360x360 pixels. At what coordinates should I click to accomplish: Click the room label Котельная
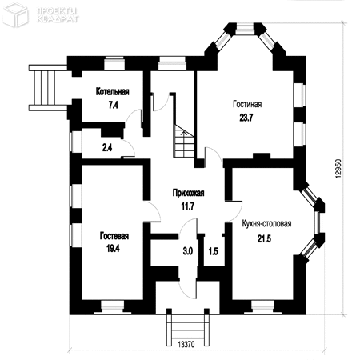click(113, 92)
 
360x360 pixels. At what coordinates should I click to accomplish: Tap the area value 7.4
click(113, 105)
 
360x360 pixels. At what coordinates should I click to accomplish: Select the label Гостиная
click(247, 104)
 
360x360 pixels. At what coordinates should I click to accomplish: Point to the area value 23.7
click(246, 118)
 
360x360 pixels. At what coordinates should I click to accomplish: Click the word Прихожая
click(189, 193)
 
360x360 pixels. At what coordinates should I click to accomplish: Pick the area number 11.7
click(188, 206)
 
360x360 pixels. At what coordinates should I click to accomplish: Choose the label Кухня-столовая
click(266, 223)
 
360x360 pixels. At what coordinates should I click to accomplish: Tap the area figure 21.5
click(264, 238)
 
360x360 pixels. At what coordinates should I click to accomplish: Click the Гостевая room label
click(114, 236)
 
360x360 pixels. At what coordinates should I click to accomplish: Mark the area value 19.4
click(113, 249)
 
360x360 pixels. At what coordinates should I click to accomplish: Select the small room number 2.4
click(107, 147)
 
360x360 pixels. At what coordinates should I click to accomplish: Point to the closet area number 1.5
click(214, 251)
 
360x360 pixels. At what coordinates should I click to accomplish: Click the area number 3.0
click(188, 251)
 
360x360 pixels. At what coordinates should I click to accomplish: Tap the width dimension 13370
click(186, 344)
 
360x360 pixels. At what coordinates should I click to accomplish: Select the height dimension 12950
click(338, 169)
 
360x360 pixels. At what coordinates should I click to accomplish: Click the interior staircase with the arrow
click(184, 141)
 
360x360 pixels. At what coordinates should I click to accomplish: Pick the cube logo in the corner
click(15, 15)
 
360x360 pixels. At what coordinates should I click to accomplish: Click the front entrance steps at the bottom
click(188, 328)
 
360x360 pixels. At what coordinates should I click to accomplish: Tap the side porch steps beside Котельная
click(47, 87)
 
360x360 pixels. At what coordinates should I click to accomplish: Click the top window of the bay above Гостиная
click(245, 30)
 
